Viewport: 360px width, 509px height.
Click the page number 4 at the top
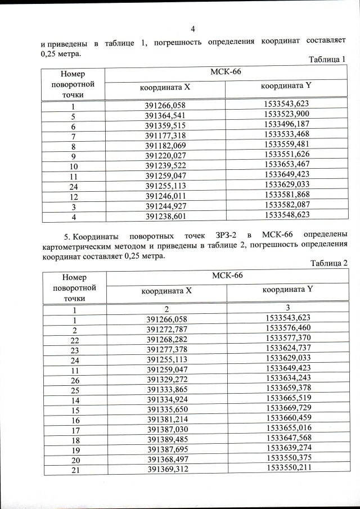tap(192, 29)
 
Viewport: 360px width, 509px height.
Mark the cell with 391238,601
tap(165, 215)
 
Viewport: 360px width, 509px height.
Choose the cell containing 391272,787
tap(166, 328)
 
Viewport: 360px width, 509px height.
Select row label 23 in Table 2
tap(74, 349)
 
